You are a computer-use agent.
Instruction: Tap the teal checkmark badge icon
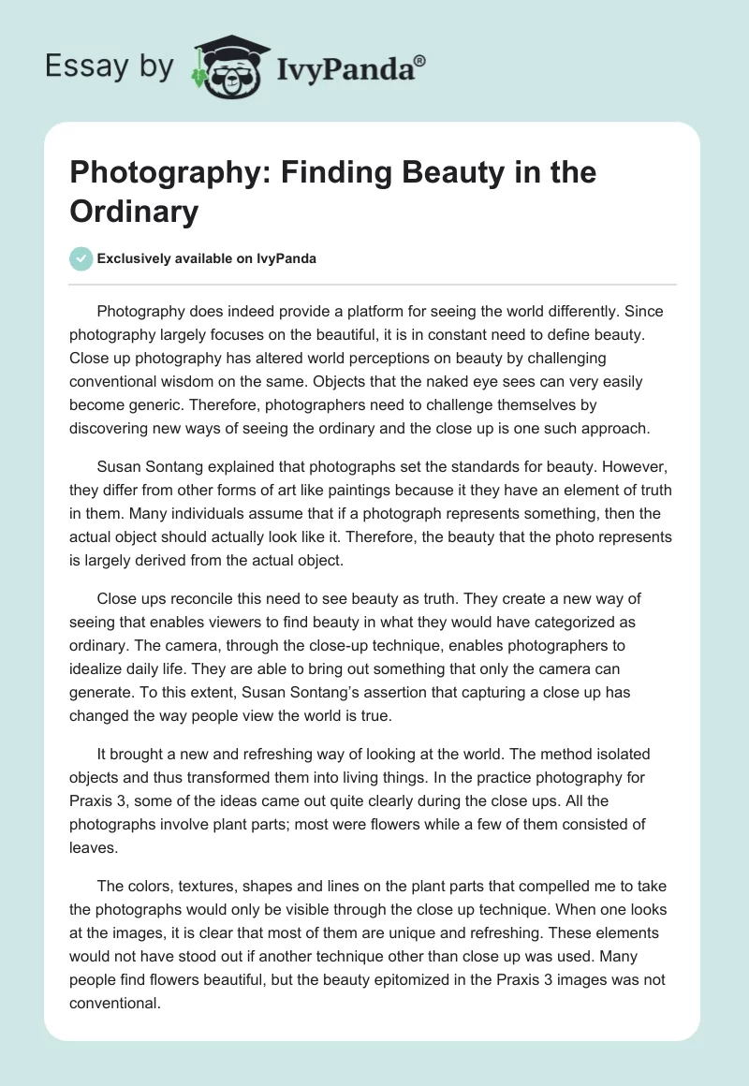point(82,258)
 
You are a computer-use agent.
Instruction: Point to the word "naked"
point(482,383)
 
